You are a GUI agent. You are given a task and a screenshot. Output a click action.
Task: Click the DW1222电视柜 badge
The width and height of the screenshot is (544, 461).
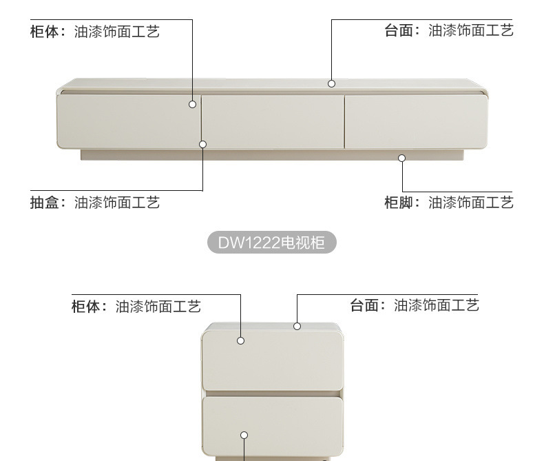(272, 243)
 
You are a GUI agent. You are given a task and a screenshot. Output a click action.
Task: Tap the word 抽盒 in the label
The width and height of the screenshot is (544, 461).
(44, 203)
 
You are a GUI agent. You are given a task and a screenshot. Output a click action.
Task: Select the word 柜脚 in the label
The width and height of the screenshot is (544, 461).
(398, 203)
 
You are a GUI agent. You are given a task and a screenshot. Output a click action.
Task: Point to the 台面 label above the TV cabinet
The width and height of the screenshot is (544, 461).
(398, 30)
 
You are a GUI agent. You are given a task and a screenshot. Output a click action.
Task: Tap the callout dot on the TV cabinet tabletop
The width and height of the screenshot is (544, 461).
(331, 83)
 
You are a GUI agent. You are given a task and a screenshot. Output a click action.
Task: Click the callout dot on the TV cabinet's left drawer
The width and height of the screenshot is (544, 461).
(193, 104)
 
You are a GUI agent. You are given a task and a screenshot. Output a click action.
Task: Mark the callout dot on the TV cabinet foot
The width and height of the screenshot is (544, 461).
(402, 158)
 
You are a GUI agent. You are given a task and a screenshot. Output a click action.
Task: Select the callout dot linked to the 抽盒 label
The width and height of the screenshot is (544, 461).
(203, 144)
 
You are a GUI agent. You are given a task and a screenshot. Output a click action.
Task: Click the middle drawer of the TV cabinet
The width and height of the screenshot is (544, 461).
(273, 121)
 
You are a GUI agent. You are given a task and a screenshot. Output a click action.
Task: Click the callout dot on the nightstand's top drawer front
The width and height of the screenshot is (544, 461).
(241, 340)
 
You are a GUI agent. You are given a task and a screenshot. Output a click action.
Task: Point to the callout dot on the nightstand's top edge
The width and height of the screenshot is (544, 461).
(297, 326)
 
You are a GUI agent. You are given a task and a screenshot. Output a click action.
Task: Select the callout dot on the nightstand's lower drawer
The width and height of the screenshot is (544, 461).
(244, 435)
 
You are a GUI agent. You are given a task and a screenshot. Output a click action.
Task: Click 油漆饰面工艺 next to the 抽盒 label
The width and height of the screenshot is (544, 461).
(117, 203)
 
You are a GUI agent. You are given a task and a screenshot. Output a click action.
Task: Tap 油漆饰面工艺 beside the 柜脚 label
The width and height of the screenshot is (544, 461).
(471, 203)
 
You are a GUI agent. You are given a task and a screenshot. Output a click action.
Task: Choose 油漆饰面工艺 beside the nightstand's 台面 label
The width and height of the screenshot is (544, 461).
(437, 305)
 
